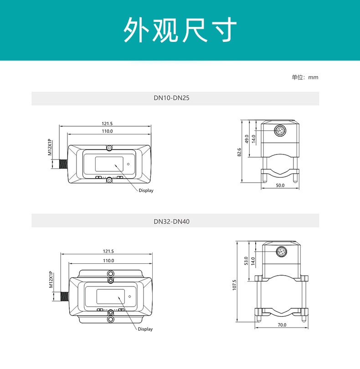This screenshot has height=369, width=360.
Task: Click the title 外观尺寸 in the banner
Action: (x=180, y=31)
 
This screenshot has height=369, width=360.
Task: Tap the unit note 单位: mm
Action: (x=305, y=77)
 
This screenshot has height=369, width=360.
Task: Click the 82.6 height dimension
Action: (x=239, y=152)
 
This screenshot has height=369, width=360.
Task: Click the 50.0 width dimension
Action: (x=280, y=185)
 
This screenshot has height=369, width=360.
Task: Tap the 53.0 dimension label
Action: (x=246, y=261)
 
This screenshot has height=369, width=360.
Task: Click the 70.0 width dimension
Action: (x=282, y=325)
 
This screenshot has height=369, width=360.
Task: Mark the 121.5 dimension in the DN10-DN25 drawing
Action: (x=107, y=123)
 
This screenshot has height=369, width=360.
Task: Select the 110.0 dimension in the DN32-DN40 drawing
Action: (x=108, y=261)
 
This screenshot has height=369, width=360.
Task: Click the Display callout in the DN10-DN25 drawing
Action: (x=146, y=190)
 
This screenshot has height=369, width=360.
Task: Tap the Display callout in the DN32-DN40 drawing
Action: (x=145, y=329)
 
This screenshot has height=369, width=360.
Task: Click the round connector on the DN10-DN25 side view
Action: (x=279, y=131)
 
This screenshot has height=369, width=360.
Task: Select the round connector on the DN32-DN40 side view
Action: (x=282, y=251)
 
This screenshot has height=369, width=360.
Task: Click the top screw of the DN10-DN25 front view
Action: (x=109, y=148)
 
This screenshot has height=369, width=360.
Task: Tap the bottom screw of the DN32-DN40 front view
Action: (x=110, y=319)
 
